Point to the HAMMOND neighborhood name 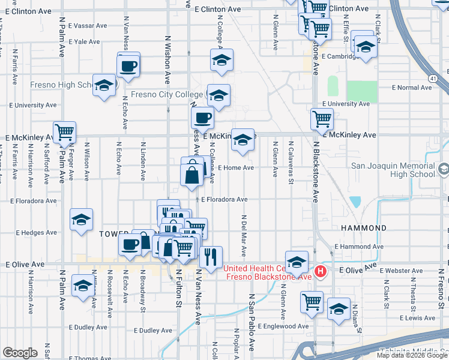tap(364, 229)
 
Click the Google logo tap(20, 352)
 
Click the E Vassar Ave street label tap(87, 26)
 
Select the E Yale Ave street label tap(83, 42)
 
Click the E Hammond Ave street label tap(359, 246)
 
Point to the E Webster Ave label tap(412, 271)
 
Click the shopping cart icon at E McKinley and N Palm tap(64, 131)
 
